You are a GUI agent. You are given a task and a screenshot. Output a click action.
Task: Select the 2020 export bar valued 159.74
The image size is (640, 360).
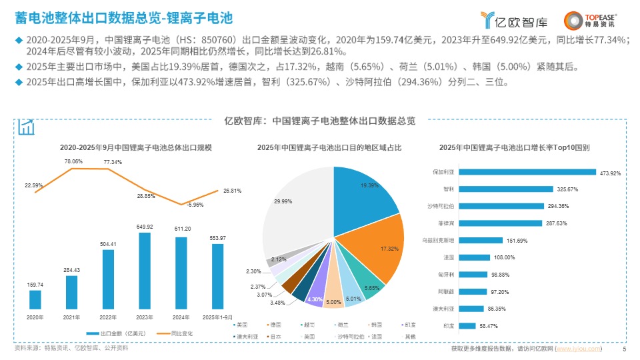[x=35, y=299]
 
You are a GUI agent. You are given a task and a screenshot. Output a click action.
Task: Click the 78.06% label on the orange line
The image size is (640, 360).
[x=73, y=161]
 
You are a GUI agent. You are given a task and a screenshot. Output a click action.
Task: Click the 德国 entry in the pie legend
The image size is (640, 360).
[x=275, y=325]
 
